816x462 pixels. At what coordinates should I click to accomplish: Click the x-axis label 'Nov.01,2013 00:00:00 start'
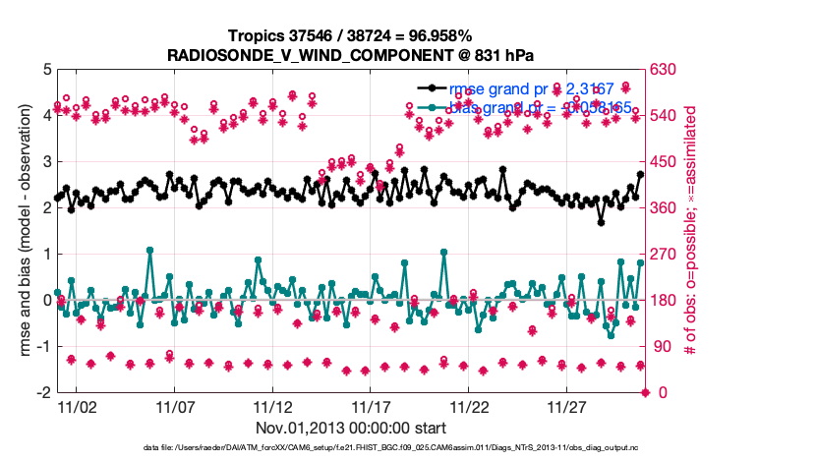[352, 429]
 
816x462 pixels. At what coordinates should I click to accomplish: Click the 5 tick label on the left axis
[45, 70]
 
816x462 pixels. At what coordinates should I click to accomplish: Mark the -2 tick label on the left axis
[42, 392]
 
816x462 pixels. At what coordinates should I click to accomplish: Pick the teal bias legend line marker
[429, 107]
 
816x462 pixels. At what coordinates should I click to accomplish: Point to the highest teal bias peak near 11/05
[149, 250]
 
